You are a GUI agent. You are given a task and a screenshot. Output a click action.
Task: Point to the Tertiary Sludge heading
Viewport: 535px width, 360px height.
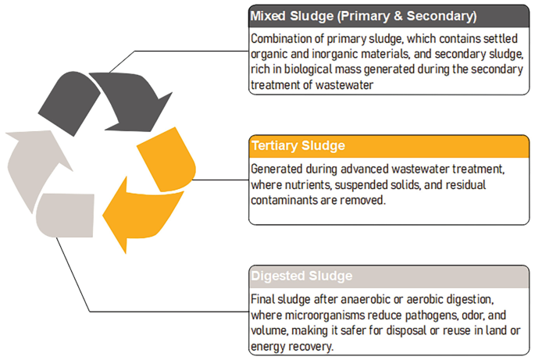point(298,145)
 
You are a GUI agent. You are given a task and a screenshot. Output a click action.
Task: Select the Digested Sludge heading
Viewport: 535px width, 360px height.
point(301,276)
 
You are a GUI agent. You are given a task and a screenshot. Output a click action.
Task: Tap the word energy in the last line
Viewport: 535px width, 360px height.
point(268,346)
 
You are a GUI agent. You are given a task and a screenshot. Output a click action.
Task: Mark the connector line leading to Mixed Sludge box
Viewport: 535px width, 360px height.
point(187,52)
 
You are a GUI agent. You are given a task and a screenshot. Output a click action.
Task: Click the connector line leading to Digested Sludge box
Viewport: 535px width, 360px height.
point(156,311)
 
